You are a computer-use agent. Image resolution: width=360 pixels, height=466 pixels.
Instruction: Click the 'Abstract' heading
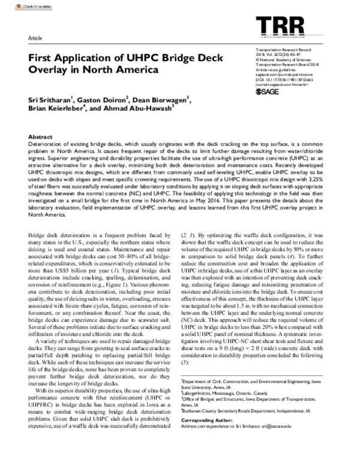[x=41, y=138]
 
